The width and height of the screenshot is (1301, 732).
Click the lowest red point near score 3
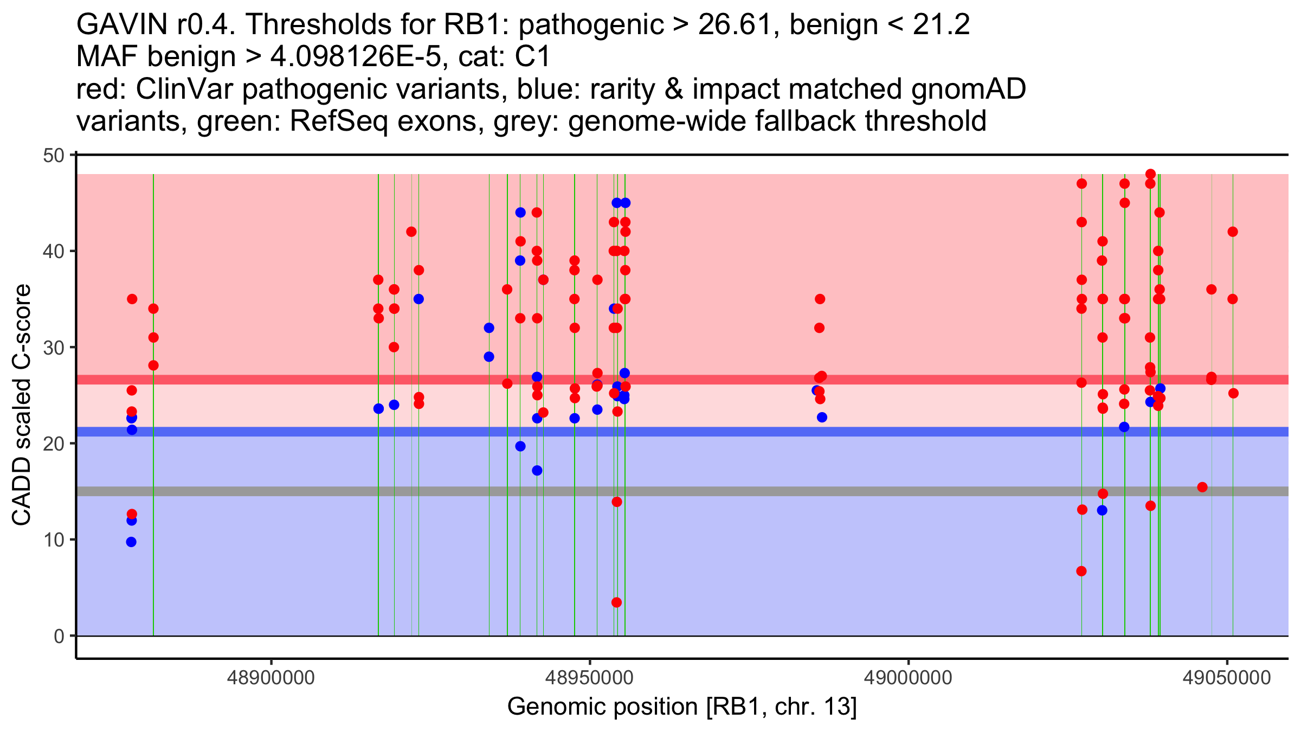pos(616,602)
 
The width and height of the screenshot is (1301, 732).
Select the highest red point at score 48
pos(1150,174)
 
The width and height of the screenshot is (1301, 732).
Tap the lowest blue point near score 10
pos(131,542)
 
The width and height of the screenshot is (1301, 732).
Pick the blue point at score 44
pos(520,213)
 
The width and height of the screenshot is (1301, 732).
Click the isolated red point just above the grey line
pos(1202,487)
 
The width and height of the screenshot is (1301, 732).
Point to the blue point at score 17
pos(537,470)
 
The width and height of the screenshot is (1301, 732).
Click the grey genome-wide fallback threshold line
pos(682,491)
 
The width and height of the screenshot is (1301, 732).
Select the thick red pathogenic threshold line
pos(682,380)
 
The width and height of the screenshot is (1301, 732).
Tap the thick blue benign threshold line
pos(682,432)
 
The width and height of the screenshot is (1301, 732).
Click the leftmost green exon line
pos(153,405)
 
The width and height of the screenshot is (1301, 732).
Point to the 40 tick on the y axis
pos(73,251)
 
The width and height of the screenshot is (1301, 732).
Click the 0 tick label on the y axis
pos(59,636)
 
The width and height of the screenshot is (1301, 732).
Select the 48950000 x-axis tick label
pos(589,678)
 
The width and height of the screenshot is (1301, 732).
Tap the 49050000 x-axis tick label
pos(1227,678)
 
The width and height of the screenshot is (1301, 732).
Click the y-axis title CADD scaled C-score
pos(22,405)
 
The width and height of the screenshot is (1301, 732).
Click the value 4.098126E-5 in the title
pos(356,56)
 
